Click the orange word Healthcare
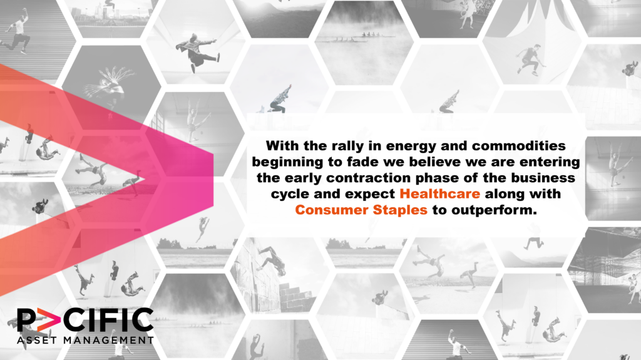[x=439, y=193]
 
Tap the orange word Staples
[x=400, y=210]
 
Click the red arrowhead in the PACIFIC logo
[x=48, y=319]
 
